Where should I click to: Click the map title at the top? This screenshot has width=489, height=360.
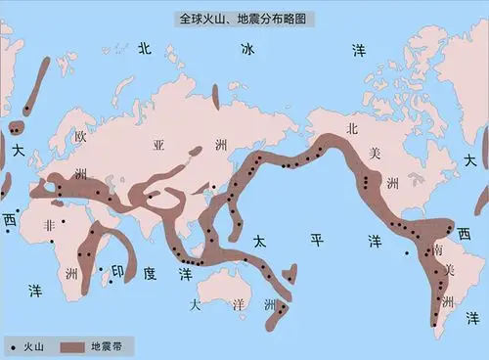[x=244, y=18]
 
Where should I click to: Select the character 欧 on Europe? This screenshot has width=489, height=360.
[x=82, y=138]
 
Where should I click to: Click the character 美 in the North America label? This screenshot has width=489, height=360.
[x=373, y=154]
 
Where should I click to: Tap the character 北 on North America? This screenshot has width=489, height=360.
[x=354, y=127]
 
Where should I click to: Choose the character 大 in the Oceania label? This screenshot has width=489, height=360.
[x=196, y=304]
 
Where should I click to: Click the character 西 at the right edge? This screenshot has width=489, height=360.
[x=465, y=233]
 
